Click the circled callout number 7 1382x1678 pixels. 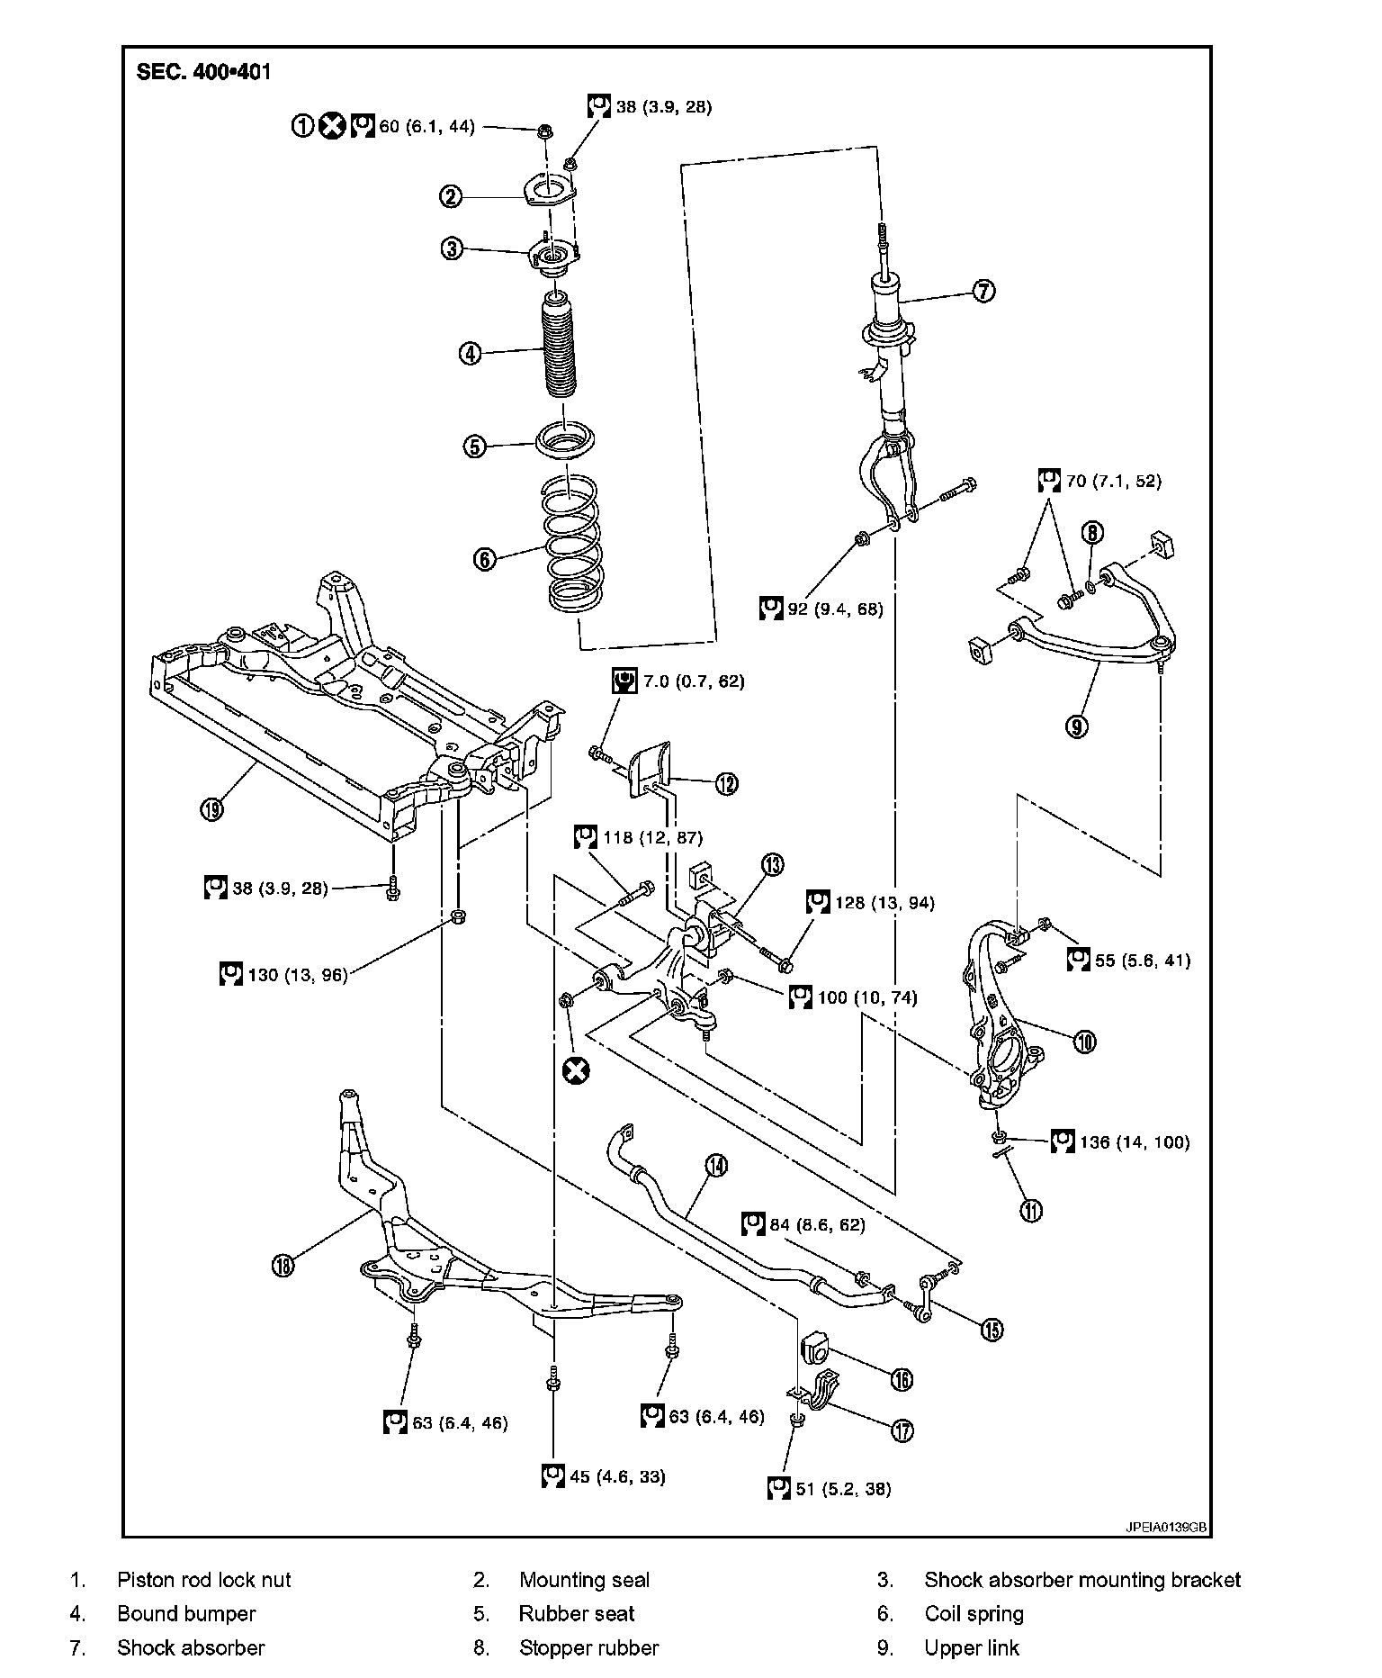[x=983, y=291]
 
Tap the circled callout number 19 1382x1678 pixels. [x=211, y=808]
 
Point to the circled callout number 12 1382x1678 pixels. [x=726, y=783]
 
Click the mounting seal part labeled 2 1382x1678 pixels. [x=549, y=193]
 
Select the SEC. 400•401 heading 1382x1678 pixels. [x=203, y=72]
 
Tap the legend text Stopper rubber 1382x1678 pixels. [x=588, y=1647]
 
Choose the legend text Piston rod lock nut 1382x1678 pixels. [x=204, y=1579]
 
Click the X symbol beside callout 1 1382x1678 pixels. [x=333, y=127]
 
